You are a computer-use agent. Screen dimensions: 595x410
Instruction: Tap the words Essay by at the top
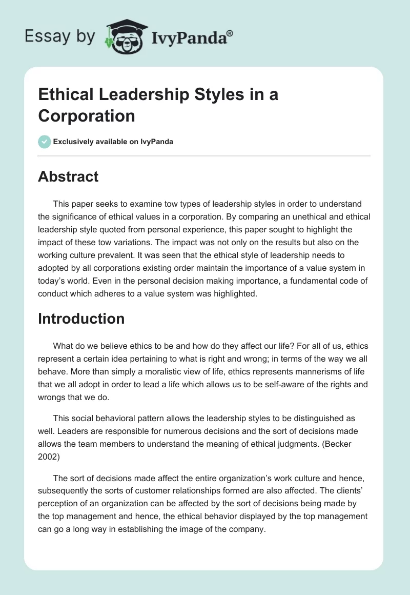(x=59, y=36)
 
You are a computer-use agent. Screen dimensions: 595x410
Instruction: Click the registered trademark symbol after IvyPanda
(x=230, y=33)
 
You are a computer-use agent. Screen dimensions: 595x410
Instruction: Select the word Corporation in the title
(x=87, y=115)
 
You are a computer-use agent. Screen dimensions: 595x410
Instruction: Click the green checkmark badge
(x=45, y=142)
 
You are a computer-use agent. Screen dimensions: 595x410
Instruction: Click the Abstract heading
(x=68, y=176)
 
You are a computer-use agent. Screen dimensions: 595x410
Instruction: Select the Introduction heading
(x=81, y=319)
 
